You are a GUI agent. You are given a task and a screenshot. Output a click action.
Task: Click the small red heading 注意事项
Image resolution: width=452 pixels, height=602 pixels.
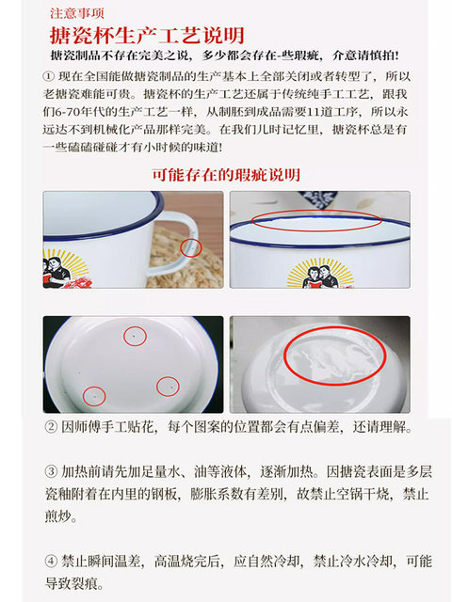pyautogui.click(x=77, y=13)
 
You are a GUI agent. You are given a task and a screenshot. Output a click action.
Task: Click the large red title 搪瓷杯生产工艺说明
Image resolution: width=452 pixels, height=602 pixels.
pyautogui.click(x=147, y=36)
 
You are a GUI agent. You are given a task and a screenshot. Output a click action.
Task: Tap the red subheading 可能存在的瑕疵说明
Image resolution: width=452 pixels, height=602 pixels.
pyautogui.click(x=226, y=175)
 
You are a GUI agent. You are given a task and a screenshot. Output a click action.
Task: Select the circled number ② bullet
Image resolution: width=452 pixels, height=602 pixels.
pyautogui.click(x=51, y=427)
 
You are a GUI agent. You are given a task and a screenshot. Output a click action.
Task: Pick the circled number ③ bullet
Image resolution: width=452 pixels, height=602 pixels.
pyautogui.click(x=51, y=471)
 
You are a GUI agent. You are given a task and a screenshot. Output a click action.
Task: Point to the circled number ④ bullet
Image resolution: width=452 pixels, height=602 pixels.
pyautogui.click(x=51, y=561)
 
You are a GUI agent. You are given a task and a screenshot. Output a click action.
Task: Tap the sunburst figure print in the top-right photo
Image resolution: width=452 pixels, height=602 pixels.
pyautogui.click(x=316, y=274)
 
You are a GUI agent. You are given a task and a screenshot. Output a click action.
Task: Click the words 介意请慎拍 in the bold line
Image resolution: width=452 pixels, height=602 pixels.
pyautogui.click(x=365, y=56)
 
